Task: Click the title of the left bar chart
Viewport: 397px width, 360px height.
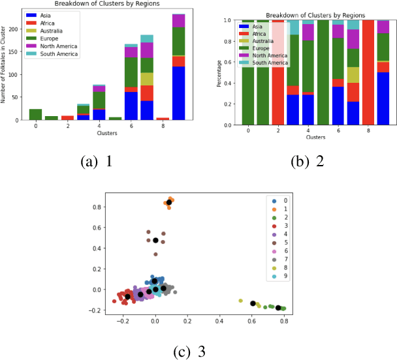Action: [108, 5]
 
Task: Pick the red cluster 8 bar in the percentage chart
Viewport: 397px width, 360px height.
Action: [368, 72]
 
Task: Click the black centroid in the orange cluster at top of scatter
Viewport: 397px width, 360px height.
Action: [169, 203]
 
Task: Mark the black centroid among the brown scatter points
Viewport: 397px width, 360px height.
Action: [155, 241]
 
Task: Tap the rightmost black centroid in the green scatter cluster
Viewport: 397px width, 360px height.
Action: [278, 308]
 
